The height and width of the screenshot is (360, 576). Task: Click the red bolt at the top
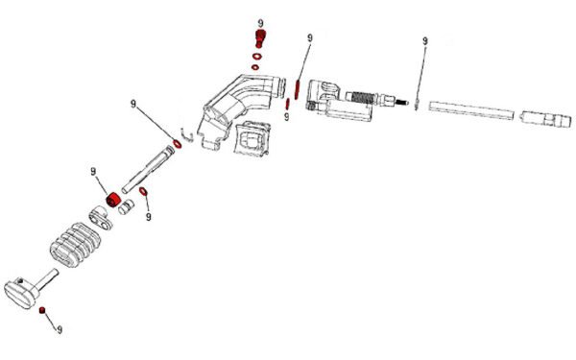click(x=258, y=38)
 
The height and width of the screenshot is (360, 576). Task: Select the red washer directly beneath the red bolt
click(x=256, y=57)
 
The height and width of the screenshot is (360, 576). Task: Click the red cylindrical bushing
click(x=112, y=199)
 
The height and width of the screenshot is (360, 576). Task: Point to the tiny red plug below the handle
click(x=42, y=311)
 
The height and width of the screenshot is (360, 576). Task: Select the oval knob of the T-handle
click(x=20, y=287)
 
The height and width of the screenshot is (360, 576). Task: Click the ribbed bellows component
click(x=73, y=244)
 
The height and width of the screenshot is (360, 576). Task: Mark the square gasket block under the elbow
click(x=254, y=142)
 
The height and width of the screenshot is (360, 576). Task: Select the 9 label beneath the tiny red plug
click(x=60, y=330)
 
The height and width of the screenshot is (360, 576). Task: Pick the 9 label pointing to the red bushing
click(x=94, y=172)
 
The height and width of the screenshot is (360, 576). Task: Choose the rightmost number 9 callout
click(x=424, y=41)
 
